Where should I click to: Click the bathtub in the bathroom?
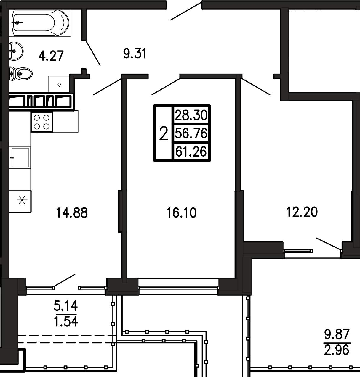40,23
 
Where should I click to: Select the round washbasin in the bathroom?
17,51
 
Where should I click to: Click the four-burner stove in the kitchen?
42,122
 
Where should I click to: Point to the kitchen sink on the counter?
20,158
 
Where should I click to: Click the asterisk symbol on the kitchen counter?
22,200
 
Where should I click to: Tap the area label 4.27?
51,56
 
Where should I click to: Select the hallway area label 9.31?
135,53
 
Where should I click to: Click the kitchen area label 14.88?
72,213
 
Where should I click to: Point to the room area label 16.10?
181,213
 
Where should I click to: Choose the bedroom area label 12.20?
302,212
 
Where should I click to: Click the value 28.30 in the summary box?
191,115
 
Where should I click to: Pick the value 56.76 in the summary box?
191,133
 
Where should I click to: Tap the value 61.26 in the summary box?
191,151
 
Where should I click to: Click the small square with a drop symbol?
59,84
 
